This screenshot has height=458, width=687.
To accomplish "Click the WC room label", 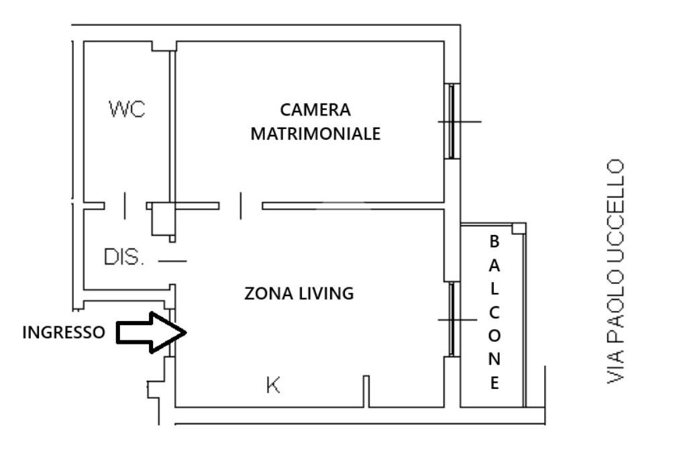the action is pos(127,109).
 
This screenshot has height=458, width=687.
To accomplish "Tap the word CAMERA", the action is pos(315,109).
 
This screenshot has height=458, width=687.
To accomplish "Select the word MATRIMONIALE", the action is pos(315,134).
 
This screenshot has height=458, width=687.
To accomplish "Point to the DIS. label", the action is pos(123,257).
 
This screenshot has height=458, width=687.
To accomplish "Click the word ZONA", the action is pos(269,293).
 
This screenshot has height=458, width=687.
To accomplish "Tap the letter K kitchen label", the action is pos(273,385).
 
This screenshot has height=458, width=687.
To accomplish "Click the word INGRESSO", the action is pos(64,332).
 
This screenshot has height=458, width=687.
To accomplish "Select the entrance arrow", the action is pos(152,332).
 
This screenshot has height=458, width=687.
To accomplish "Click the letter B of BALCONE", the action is pos(494,241).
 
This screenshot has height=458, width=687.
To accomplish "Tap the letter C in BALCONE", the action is pos(494,313).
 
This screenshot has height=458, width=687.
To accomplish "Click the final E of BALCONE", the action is pos(494,383).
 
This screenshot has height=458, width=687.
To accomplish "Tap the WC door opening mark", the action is pos(125,205).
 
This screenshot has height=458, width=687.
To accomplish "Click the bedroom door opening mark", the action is pos(241,205).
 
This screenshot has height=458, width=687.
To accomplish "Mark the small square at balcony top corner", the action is pos(519,228).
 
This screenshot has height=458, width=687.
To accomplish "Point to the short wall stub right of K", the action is pos(366,392).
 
